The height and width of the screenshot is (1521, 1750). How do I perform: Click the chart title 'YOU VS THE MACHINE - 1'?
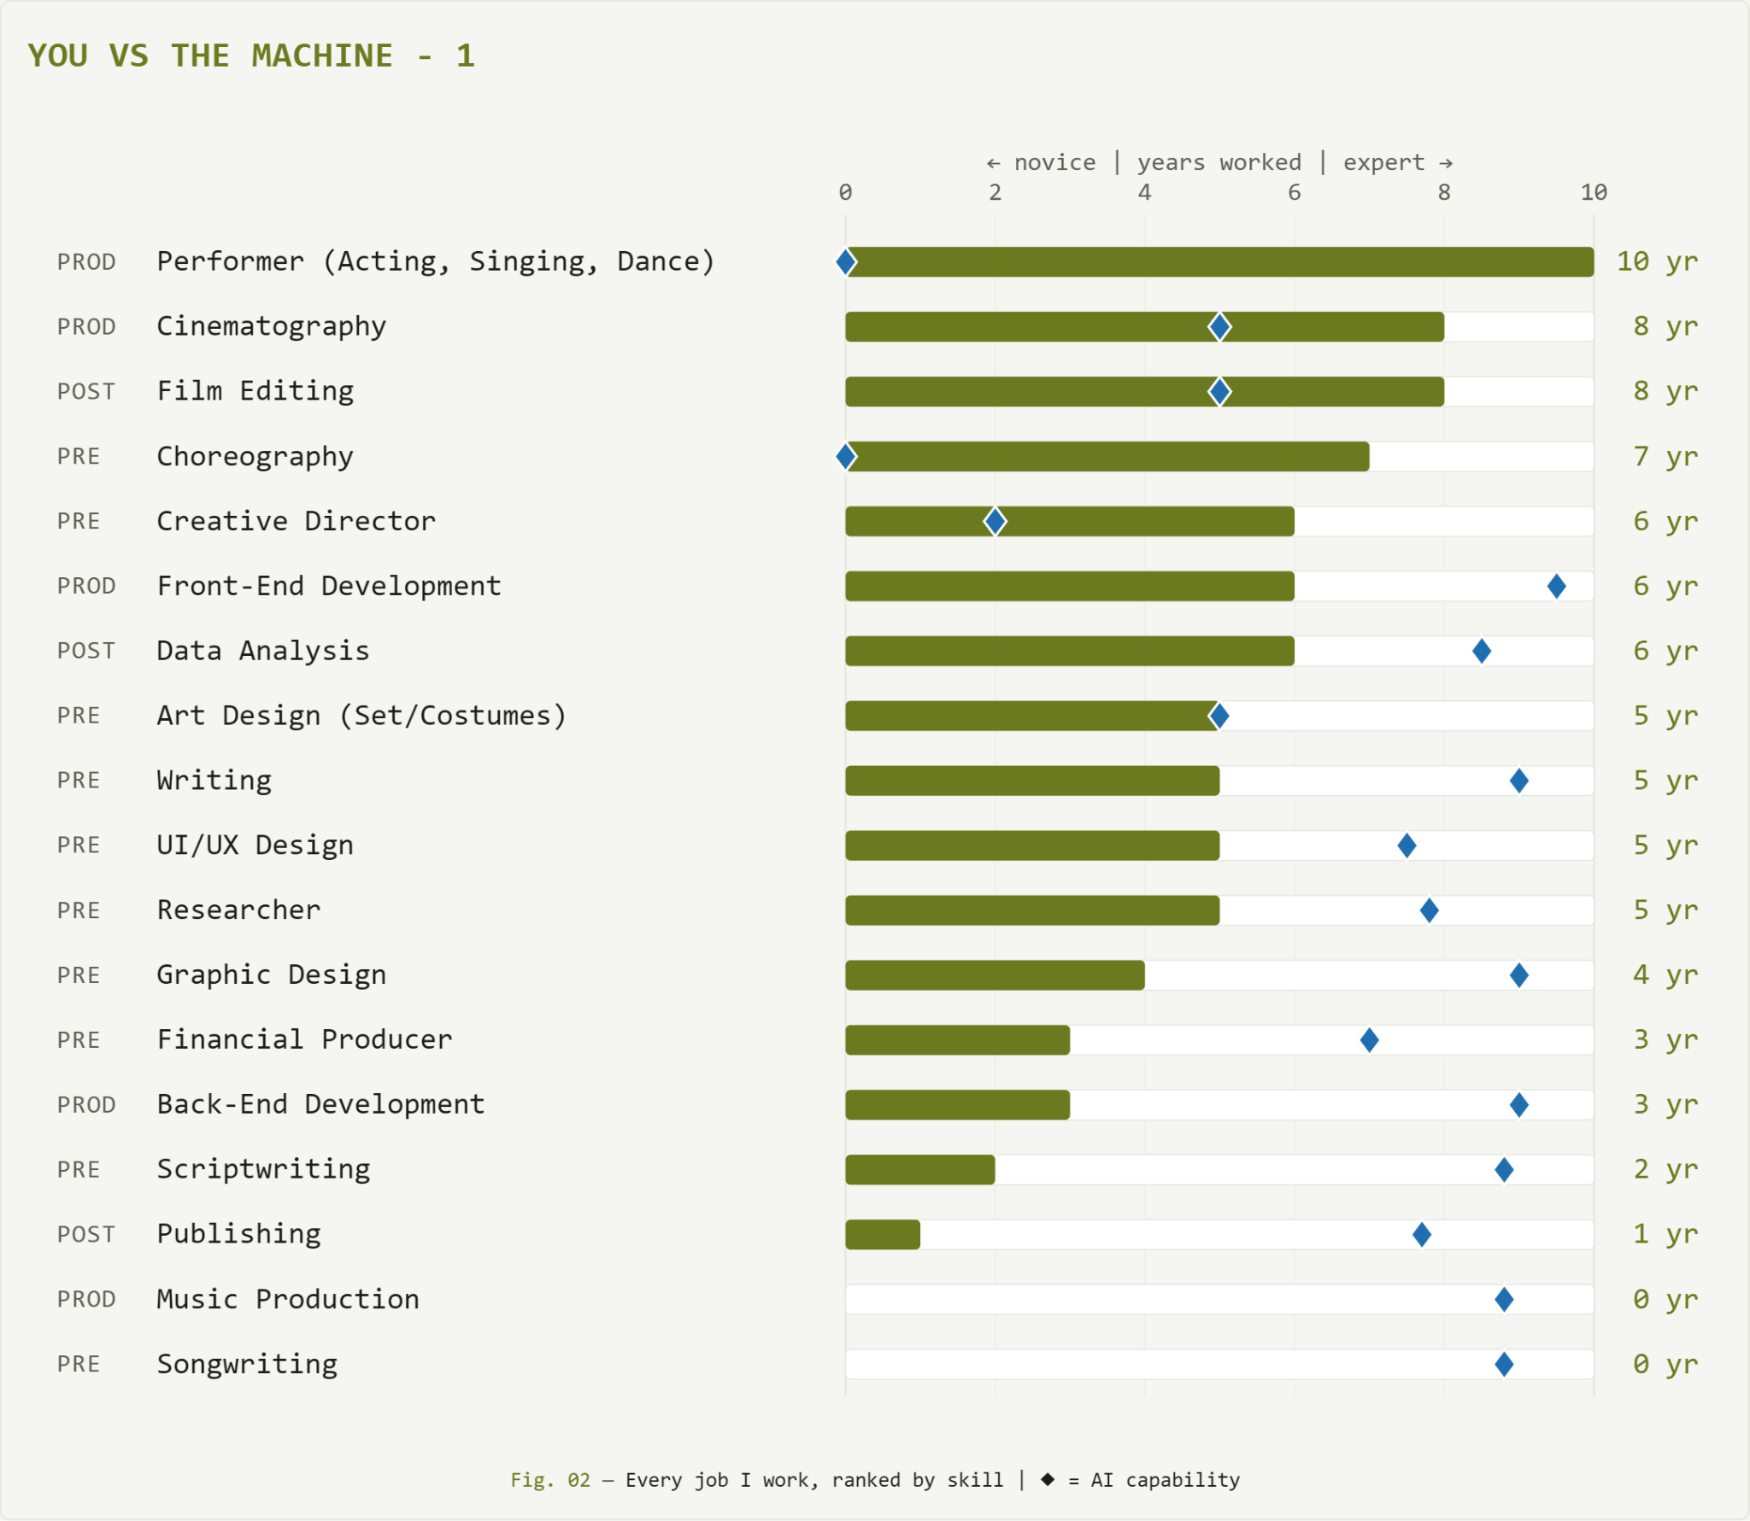[x=251, y=56]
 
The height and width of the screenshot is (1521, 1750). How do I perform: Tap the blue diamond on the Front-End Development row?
[x=1556, y=586]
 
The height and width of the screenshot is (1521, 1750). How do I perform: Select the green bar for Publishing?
[x=883, y=1234]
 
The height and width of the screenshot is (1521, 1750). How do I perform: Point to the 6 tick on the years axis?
[x=1294, y=192]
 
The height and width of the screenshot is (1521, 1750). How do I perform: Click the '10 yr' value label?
[x=1657, y=261]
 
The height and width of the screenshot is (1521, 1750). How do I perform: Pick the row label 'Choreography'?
[x=255, y=456]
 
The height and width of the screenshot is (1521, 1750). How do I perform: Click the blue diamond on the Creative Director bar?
[x=995, y=521]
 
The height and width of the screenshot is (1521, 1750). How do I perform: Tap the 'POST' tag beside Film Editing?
[x=86, y=391]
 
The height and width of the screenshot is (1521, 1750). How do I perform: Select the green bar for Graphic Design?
[x=995, y=974]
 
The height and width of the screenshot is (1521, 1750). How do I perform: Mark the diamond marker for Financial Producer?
[x=1369, y=1039]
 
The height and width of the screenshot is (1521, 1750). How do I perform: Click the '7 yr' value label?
[x=1665, y=456]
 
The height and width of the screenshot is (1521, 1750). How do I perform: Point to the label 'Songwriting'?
[x=247, y=1364]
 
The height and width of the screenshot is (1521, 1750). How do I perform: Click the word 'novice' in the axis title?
[x=1054, y=162]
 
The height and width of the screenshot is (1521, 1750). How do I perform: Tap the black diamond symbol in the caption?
[x=1048, y=1479]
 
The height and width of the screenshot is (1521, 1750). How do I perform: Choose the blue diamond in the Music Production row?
[x=1504, y=1299]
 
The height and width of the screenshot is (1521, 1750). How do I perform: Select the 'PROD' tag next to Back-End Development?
[x=86, y=1104]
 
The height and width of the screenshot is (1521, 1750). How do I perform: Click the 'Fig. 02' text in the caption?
[x=550, y=1480]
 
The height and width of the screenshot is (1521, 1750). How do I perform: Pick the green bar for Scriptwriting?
[x=920, y=1169]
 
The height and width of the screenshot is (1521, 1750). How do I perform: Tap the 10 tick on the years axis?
[x=1594, y=192]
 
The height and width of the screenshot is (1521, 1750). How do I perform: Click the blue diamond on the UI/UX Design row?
[x=1406, y=845]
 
